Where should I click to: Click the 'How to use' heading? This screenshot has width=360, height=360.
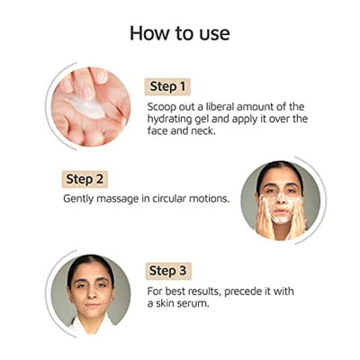(x=180, y=33)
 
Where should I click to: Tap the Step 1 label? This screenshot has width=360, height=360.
(x=167, y=86)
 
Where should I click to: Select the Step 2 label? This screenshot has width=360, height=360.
(x=85, y=179)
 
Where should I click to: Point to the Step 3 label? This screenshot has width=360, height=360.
(x=168, y=271)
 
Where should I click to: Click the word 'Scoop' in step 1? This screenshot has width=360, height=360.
(x=162, y=107)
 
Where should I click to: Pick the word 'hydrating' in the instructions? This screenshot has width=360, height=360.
(x=169, y=120)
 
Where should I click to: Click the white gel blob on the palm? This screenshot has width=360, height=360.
(x=87, y=107)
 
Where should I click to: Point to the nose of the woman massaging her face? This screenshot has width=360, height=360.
(x=281, y=199)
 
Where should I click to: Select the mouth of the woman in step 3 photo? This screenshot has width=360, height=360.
(x=93, y=305)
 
